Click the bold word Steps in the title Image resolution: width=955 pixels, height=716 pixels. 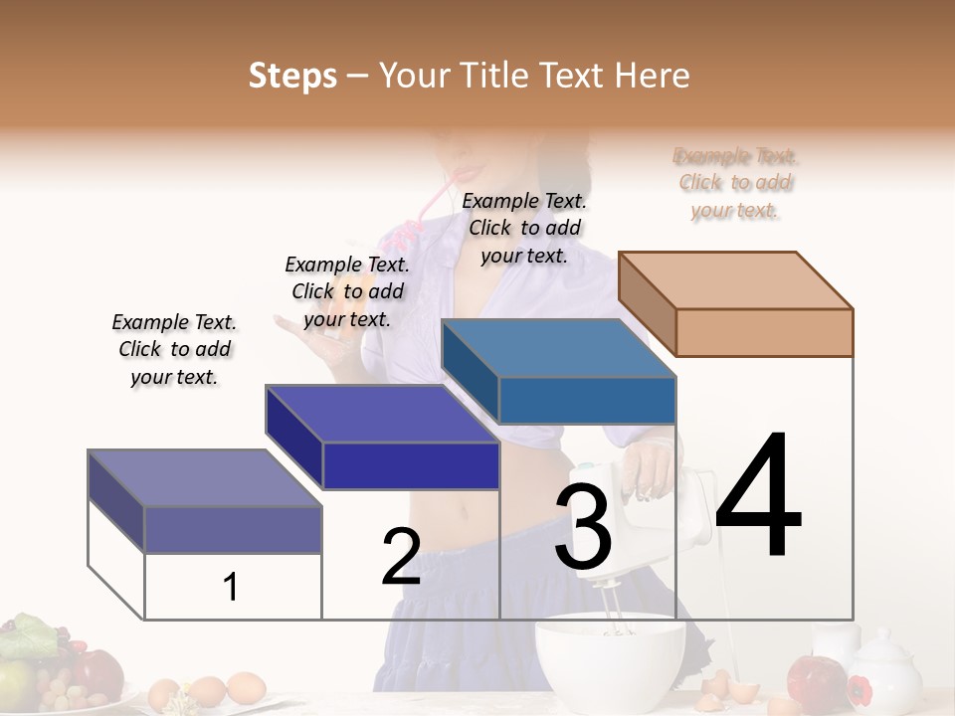click(292, 76)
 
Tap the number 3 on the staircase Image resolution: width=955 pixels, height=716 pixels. click(583, 527)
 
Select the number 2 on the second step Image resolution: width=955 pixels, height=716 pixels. click(401, 557)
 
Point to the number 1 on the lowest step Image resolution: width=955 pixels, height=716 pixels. click(231, 588)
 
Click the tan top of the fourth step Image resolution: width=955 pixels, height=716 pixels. click(736, 279)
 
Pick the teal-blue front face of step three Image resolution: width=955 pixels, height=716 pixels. click(587, 400)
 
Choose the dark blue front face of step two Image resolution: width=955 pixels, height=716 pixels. click(411, 465)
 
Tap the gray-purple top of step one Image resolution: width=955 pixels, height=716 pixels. click(205, 477)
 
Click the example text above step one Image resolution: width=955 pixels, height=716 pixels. click(174, 349)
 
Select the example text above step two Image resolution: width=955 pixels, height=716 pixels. click(347, 291)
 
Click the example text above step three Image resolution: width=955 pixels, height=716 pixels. click(524, 228)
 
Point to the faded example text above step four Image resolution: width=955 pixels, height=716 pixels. click(735, 183)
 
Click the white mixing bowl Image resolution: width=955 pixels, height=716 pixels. click(610, 663)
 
